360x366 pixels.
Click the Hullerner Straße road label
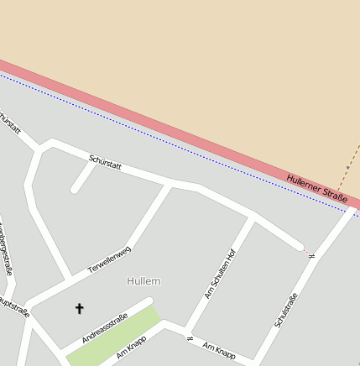(317, 187)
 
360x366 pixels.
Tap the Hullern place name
(143, 281)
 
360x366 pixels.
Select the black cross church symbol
(80, 309)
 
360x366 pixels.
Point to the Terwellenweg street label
(110, 261)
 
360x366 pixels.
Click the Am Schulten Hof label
(221, 273)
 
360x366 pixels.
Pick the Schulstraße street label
(286, 310)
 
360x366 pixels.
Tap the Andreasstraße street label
(105, 327)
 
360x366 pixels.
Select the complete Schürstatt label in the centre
(105, 162)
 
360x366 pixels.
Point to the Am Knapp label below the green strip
(132, 348)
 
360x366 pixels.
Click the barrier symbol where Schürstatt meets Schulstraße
(310, 254)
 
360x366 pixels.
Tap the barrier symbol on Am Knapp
(190, 338)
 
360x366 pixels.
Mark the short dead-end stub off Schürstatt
(82, 177)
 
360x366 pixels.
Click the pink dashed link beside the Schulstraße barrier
(304, 249)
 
